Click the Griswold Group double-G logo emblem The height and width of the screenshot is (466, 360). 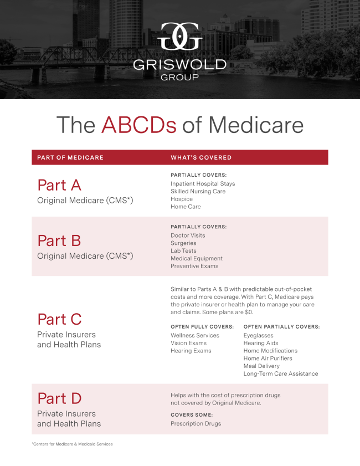pos(179,37)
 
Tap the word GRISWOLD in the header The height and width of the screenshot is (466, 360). pos(179,64)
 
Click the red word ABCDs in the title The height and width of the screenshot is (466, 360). pos(138,125)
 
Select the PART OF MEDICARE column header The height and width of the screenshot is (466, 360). pos(70,157)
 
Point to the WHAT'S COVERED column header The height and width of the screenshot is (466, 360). pos(201,157)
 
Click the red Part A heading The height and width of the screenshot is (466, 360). pos(59,185)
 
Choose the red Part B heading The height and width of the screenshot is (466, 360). pos(59,240)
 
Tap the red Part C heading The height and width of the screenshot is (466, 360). pos(59,319)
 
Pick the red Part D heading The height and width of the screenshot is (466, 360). pos(59,398)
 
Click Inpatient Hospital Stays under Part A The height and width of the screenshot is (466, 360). pos(203,183)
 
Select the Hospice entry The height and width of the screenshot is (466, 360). pos(182,199)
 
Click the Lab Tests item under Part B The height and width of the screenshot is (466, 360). pos(184,250)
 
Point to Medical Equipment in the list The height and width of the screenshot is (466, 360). pos(197,258)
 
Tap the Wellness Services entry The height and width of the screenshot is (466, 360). pos(195,335)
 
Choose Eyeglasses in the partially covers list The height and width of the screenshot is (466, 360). pos(258,335)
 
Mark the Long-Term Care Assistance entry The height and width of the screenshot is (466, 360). pos(281,373)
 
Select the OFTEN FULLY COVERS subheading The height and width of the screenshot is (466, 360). pos(202,326)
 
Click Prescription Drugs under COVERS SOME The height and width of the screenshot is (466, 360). pos(196,423)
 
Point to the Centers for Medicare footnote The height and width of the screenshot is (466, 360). pos(72,444)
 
